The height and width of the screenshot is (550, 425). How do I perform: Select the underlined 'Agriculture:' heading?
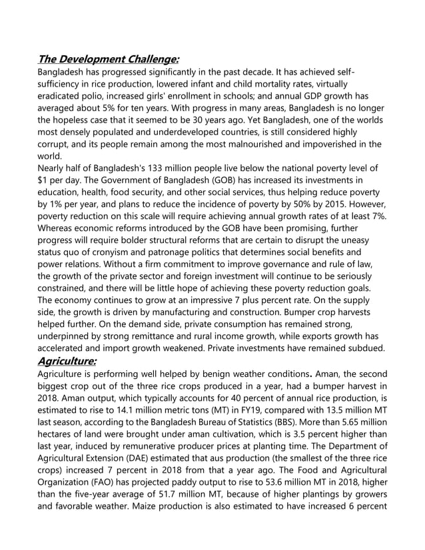[67, 361]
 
